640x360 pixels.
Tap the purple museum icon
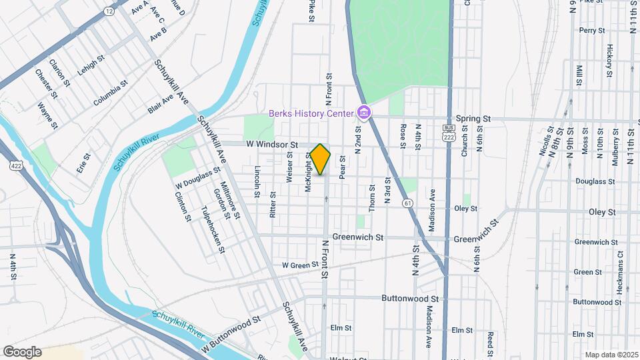click(364, 113)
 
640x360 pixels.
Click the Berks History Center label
click(311, 113)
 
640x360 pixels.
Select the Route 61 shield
click(406, 202)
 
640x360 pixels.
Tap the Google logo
click(22, 352)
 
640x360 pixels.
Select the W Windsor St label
click(271, 144)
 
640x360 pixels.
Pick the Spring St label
click(477, 119)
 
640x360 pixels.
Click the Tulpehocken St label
click(213, 229)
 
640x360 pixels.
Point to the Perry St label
click(591, 31)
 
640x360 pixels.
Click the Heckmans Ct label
click(619, 263)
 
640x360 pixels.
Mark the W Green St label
click(301, 265)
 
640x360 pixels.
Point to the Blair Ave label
click(161, 104)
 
